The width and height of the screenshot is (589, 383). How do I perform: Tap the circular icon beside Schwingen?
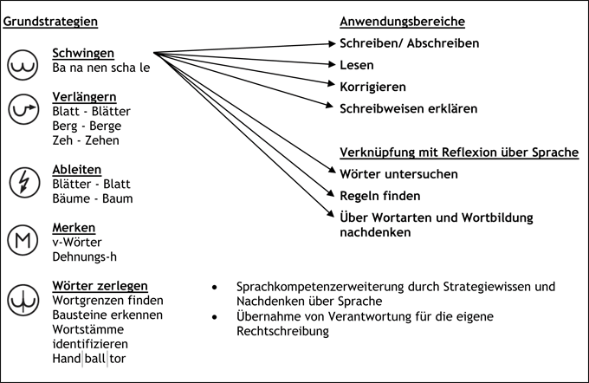click(x=22, y=64)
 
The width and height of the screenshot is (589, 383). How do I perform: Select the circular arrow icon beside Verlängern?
click(x=22, y=109)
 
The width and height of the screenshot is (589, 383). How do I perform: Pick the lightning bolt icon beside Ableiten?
click(x=22, y=182)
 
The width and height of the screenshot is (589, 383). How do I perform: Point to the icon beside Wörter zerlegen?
click(x=22, y=300)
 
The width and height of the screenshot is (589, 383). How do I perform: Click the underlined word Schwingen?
click(x=83, y=53)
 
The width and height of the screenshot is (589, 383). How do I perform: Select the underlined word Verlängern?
click(x=84, y=96)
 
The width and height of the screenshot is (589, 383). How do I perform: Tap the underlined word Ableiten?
click(x=77, y=169)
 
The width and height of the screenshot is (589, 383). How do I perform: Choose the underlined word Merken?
click(x=74, y=227)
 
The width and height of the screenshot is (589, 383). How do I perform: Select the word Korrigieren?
click(x=372, y=87)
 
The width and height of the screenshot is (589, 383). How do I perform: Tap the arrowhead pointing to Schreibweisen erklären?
click(x=330, y=107)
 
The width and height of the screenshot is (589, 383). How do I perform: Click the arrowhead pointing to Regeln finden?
click(x=330, y=195)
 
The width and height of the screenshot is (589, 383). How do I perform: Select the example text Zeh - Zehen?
click(x=86, y=140)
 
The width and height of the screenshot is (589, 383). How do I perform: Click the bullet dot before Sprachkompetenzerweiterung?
click(x=214, y=286)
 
